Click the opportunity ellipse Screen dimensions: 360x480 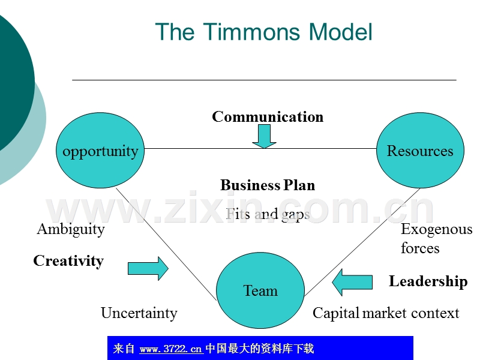pos(100,151)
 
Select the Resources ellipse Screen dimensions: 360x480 pos(420,151)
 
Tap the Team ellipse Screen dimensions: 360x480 pos(260,290)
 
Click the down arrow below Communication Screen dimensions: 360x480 pos(264,136)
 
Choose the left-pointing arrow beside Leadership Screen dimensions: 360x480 pos(352,282)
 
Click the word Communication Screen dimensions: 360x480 pos(268,116)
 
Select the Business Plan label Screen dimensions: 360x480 pos(268,185)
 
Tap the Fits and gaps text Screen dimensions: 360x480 pos(268,214)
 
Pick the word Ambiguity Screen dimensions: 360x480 pos(71,229)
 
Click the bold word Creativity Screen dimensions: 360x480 pos(68,261)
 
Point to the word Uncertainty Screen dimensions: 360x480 pos(139,313)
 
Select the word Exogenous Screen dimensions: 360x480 pos(436,229)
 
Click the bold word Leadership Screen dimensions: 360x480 pos(428,281)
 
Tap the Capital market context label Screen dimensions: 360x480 pos(386,313)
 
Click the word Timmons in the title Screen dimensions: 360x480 pos(250,32)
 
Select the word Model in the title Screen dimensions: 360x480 pos(341,32)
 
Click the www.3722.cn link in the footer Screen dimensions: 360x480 pos(170,349)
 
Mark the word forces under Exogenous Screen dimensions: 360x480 pos(420,248)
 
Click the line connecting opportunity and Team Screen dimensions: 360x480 pos(166,243)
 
